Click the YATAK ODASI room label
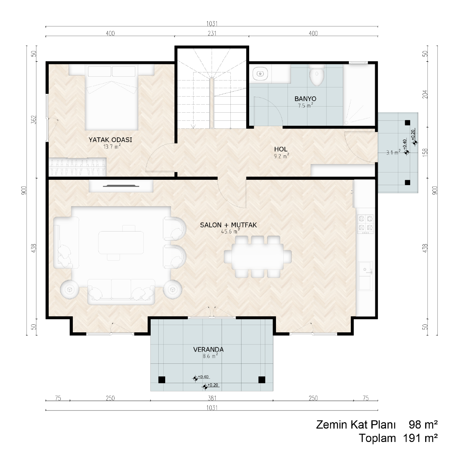[110, 140]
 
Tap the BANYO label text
[305, 99]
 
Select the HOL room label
[281, 149]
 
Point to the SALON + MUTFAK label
[228, 225]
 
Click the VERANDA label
[209, 350]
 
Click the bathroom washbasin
[260, 74]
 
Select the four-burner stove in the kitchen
[365, 224]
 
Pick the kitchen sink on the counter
[365, 276]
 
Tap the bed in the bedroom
[112, 97]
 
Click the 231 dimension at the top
[212, 33]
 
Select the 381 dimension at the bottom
[212, 398]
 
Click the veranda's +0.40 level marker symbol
[195, 378]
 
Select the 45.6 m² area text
[230, 231]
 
